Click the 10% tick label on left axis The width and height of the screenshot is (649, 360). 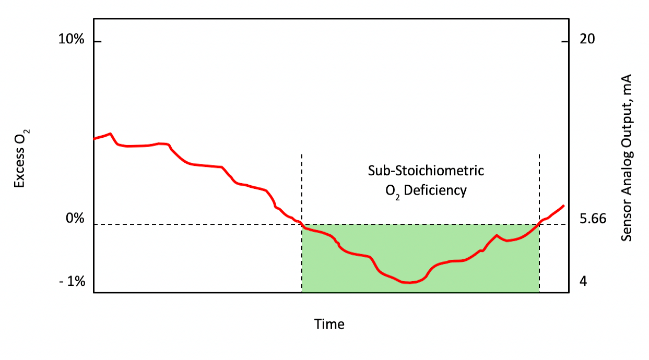72,40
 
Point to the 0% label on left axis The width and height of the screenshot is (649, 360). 75,219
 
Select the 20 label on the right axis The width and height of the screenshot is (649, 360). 587,40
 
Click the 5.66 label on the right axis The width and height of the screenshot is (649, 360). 593,219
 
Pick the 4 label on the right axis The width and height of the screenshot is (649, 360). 584,282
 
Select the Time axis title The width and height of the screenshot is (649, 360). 329,324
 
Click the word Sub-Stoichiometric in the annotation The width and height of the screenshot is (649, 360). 426,171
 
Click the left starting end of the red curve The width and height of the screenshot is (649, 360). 95,138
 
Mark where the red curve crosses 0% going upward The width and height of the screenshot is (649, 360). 538,225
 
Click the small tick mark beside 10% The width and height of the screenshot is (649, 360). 97,41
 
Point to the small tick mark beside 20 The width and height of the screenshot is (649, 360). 564,41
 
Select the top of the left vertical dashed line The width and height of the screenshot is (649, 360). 302,155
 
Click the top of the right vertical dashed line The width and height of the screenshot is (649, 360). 539,155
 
